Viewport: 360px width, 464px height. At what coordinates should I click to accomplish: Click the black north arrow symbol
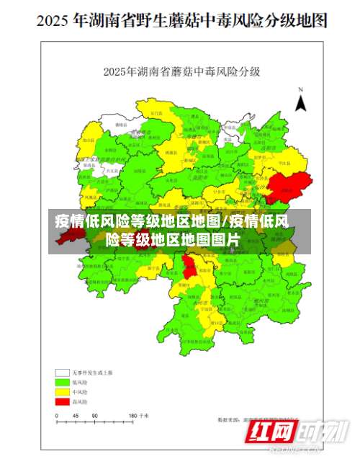coord(302,102)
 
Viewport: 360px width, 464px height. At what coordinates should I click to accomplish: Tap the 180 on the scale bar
coord(132,416)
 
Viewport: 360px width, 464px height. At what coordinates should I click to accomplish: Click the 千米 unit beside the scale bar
coord(146,416)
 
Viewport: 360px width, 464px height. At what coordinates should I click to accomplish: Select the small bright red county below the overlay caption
coord(189,267)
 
